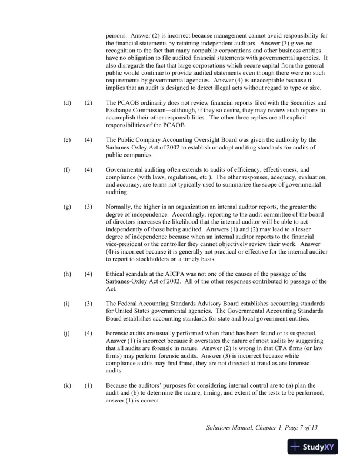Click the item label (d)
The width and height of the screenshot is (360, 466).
[x=66, y=102]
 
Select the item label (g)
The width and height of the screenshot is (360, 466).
[x=66, y=207]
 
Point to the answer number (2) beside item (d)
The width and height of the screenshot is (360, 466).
[x=88, y=102]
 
